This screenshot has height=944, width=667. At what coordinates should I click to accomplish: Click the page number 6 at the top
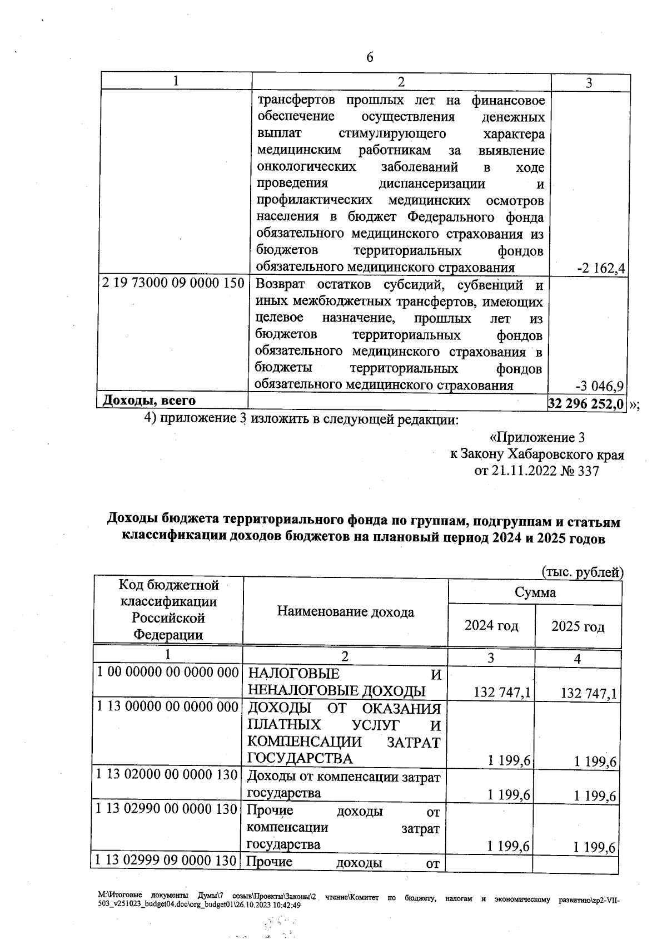point(370,58)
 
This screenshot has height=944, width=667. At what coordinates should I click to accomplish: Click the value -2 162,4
point(601,269)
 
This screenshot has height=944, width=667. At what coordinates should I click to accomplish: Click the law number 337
point(589,471)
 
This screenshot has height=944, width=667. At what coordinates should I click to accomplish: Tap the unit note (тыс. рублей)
point(582,572)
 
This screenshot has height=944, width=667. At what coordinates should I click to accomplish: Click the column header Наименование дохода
point(345,612)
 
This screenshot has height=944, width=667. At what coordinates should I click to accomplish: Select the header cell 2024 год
point(491,626)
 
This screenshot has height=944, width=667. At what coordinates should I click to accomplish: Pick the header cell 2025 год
point(578,627)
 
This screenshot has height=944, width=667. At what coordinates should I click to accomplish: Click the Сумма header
point(535,592)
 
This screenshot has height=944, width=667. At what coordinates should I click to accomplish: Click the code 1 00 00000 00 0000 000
point(168,672)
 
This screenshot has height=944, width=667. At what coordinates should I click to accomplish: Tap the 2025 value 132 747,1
point(589,693)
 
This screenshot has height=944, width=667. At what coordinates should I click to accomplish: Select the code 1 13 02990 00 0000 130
point(167,809)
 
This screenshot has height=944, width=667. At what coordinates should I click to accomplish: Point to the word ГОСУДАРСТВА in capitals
point(300,758)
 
